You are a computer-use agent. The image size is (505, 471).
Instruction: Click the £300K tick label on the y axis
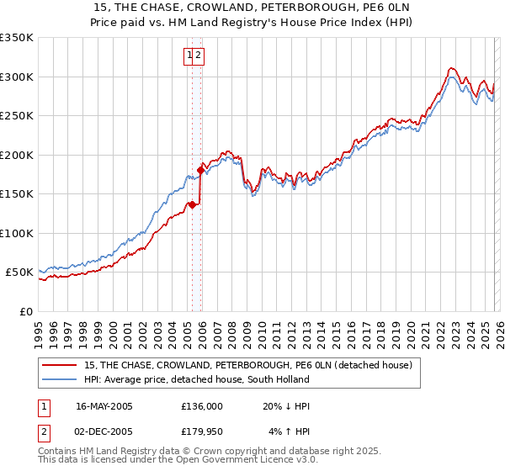pos(17,77)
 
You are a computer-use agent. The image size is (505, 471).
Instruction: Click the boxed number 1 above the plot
pos(189,56)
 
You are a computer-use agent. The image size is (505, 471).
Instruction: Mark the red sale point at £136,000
pos(192,204)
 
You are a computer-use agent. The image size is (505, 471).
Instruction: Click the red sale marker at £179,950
pos(200,170)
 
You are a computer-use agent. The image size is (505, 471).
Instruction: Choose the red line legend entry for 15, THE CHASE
pos(247,365)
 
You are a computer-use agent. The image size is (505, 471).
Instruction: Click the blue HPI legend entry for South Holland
pos(197,379)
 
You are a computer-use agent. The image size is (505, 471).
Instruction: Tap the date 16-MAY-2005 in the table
pos(104,405)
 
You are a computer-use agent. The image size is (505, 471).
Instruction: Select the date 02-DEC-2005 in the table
pos(104,433)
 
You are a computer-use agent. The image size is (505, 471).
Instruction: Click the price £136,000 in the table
pos(202,405)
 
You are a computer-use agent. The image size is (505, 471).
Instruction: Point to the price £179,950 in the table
pos(202,433)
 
